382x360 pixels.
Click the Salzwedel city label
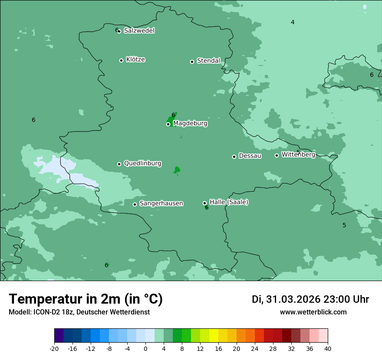(x=139, y=31)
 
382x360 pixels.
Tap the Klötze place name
(x=135, y=60)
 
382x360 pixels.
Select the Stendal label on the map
(x=208, y=61)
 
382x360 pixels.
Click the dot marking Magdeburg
(x=168, y=124)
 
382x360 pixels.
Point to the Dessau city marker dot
(x=234, y=157)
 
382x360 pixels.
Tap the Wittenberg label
(x=298, y=155)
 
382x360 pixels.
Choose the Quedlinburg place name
(x=142, y=164)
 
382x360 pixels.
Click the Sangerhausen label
(x=161, y=203)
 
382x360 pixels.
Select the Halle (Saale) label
(x=229, y=202)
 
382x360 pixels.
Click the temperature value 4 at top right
(x=293, y=22)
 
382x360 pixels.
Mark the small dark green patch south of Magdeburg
(x=177, y=170)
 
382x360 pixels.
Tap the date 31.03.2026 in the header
(x=293, y=299)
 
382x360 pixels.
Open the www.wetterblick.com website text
(x=313, y=312)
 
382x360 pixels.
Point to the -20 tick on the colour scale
(x=54, y=348)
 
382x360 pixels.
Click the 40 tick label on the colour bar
(x=327, y=348)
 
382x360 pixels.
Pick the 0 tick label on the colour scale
(x=145, y=348)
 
